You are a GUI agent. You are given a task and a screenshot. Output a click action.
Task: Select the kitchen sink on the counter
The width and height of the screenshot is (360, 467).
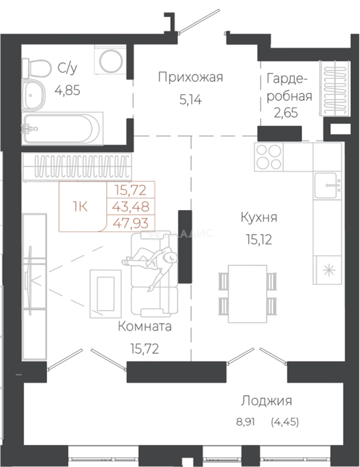pos(327,185)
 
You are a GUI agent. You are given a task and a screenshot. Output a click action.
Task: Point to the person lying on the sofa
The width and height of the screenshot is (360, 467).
pos(152,263)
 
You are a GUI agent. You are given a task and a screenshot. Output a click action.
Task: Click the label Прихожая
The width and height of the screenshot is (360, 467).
pos(190,78)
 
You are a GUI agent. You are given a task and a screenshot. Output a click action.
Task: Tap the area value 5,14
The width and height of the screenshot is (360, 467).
pos(191,100)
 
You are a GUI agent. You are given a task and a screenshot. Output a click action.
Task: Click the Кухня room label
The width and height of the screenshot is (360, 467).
pos(258,217)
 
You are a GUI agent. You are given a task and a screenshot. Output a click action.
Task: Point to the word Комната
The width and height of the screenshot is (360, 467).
pos(144,326)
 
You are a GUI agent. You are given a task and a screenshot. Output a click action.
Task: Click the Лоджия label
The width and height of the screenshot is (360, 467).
pos(266,401)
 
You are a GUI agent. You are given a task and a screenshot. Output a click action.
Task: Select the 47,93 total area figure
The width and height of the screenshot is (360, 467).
pos(130,223)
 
